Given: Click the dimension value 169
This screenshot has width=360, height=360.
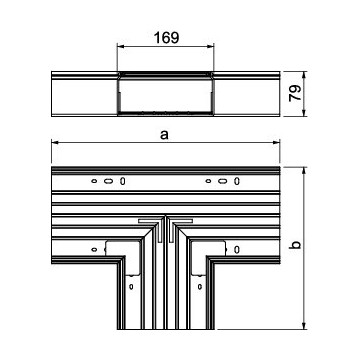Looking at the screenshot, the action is [166, 38].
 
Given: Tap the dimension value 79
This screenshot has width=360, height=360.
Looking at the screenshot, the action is [295, 93].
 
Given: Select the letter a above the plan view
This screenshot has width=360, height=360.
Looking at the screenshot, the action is [164, 135].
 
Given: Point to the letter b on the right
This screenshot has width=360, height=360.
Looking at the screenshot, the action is [295, 245].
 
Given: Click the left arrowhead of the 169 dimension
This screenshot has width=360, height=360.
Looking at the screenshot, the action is [120, 46].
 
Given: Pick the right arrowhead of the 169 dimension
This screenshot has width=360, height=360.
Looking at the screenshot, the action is [210, 46].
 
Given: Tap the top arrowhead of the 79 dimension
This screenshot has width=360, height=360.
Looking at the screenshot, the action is [304, 75].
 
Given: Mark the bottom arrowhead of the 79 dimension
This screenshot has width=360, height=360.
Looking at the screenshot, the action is [304, 113].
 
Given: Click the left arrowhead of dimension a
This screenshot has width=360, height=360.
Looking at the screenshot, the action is [55, 143].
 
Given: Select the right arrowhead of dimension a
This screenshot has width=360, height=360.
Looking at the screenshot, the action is [276, 143].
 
